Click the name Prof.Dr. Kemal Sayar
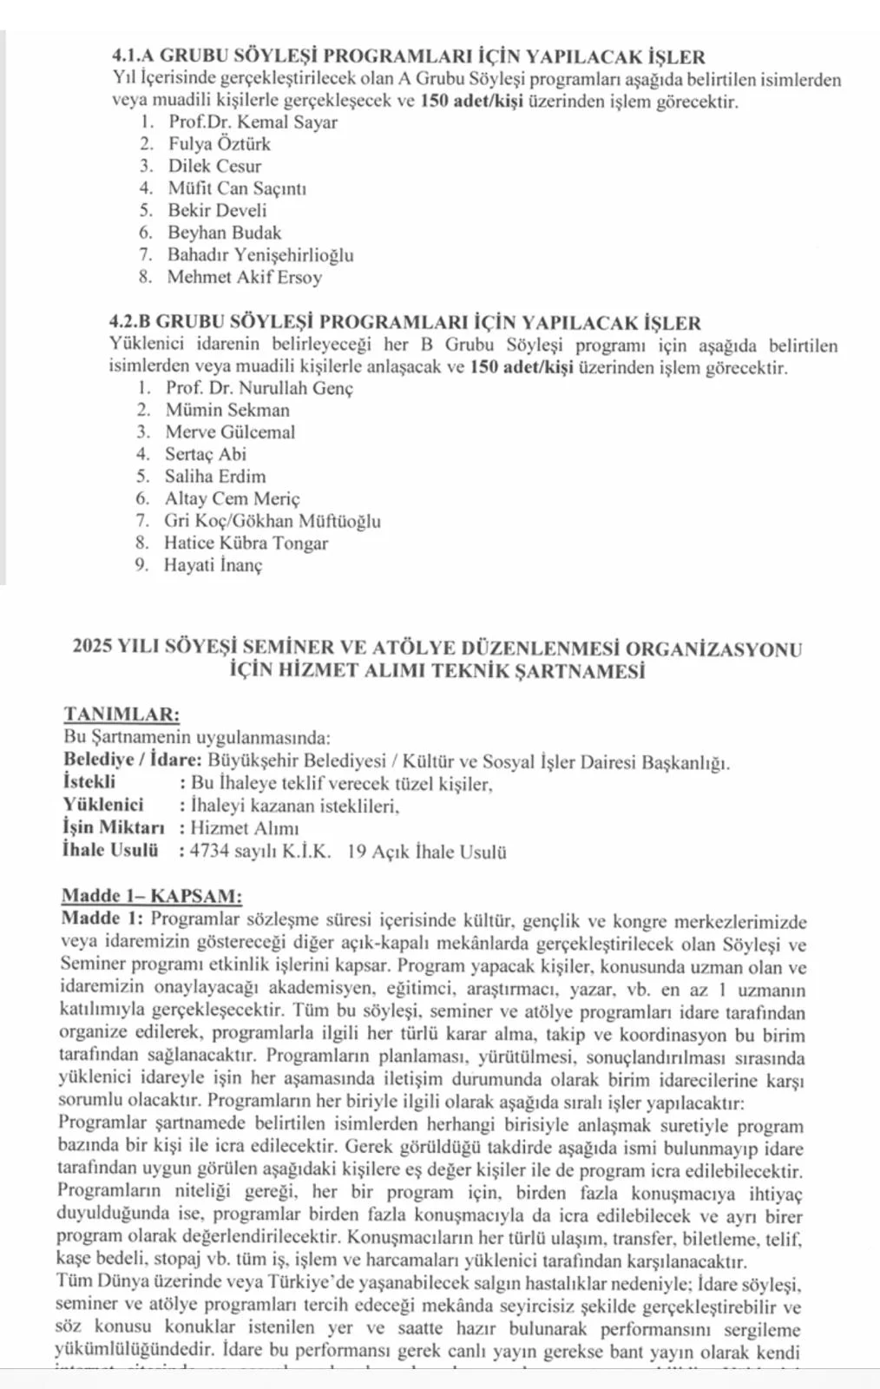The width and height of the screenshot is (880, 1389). point(253,122)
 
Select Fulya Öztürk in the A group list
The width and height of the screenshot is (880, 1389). point(220,144)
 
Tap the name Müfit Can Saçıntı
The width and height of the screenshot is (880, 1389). point(237,188)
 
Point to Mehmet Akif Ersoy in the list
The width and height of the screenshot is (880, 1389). point(245,277)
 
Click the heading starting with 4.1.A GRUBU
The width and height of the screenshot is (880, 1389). point(409,57)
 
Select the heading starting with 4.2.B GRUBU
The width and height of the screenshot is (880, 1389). point(405,323)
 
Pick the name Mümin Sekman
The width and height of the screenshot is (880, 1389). point(227,410)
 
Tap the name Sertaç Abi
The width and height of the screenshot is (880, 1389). point(206,454)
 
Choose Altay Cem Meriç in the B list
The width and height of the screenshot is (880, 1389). point(232,498)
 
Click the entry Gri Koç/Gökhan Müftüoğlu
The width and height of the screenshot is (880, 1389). point(273,521)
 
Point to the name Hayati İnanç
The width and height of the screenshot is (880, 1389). point(213,565)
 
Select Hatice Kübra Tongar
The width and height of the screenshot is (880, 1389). point(246,543)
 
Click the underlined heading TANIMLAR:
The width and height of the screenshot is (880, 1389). point(121,714)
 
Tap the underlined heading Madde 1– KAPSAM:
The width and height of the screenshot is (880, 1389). point(152,896)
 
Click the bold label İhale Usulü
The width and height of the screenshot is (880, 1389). point(110,850)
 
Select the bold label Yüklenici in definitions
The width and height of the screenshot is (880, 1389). point(103,805)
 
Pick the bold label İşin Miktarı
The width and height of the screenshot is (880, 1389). point(113,827)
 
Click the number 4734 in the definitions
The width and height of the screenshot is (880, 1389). point(209,851)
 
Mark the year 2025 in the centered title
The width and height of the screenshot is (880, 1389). point(93,648)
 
